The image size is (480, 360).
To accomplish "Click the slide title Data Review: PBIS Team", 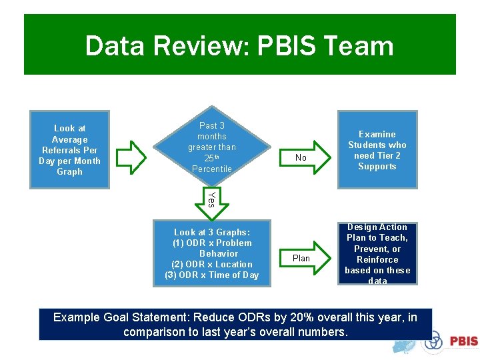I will [x=239, y=46].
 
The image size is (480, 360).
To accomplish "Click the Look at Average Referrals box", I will [x=69, y=149].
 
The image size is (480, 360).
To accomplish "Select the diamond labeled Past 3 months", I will [x=211, y=147].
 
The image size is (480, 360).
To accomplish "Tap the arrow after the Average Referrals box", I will [x=131, y=156].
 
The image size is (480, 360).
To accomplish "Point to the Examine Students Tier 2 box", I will [x=377, y=150].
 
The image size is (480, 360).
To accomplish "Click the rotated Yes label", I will [x=211, y=199].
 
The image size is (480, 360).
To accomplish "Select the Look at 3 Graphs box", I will [x=211, y=253].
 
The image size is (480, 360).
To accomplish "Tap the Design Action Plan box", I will [x=377, y=254].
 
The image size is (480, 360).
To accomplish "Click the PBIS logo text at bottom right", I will [x=463, y=341].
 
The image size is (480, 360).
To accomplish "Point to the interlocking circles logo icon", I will [x=434, y=341].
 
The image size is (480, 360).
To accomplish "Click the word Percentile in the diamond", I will [x=212, y=169].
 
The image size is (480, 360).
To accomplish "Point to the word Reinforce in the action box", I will [x=377, y=259].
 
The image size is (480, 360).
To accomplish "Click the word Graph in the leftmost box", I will [x=69, y=172].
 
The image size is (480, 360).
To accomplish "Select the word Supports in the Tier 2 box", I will [x=377, y=167].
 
